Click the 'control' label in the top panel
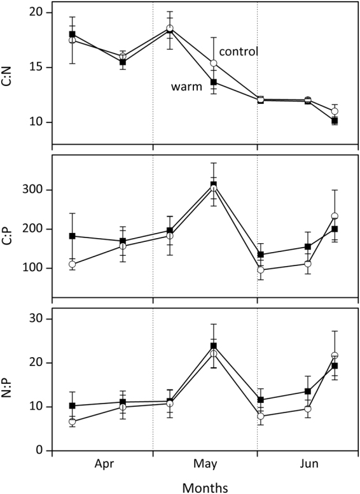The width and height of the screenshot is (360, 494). [x=238, y=51]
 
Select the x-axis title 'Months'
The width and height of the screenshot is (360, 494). [x=205, y=486]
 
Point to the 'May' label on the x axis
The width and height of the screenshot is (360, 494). [x=205, y=464]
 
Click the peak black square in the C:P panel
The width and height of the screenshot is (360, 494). [x=214, y=185]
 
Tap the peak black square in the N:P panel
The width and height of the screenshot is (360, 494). [x=214, y=346]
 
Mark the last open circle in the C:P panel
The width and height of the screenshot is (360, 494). [x=335, y=216]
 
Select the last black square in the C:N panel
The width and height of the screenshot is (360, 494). [x=335, y=120]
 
